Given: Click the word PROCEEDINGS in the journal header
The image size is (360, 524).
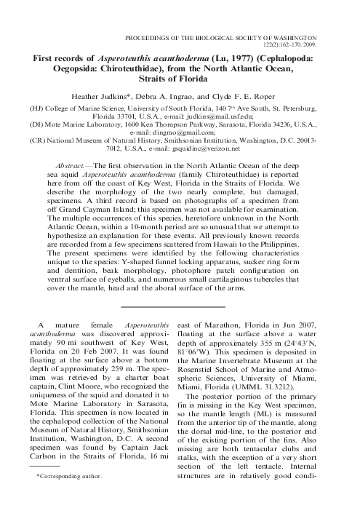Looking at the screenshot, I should [148, 34].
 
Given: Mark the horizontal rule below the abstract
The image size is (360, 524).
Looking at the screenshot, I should [180, 295].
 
